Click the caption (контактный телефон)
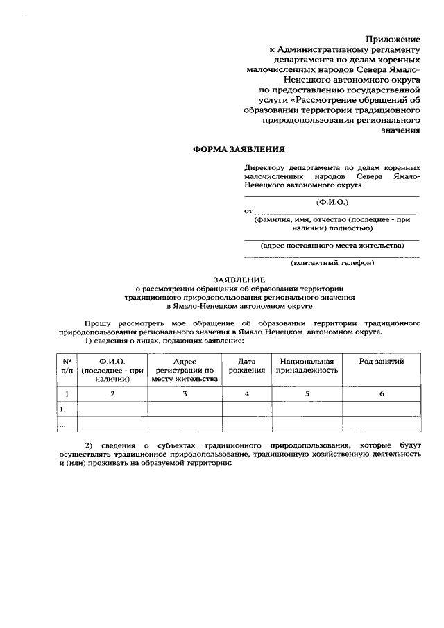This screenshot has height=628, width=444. click(332, 263)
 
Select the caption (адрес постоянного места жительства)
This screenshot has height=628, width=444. click(332, 245)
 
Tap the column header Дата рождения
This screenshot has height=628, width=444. click(247, 366)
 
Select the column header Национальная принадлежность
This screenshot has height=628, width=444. click(307, 366)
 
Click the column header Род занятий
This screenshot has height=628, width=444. click(381, 362)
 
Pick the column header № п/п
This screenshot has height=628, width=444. click(67, 366)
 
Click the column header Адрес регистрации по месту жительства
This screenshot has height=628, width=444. click(185, 370)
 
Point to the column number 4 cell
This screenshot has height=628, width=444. click(247, 394)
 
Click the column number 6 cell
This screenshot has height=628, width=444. click(381, 394)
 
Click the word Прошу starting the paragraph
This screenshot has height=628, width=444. click(97, 323)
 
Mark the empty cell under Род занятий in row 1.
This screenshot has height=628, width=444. click(381, 409)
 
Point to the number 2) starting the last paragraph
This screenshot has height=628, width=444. click(89, 443)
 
